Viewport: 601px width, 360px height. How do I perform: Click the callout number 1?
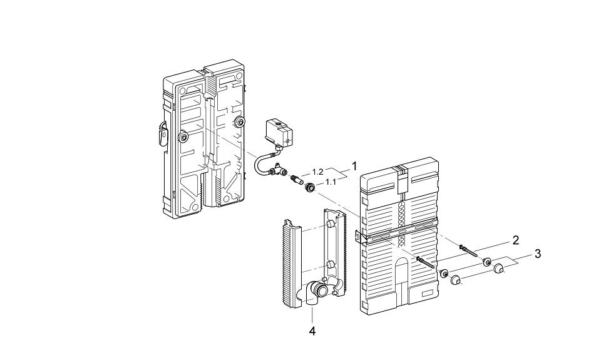point(354,167)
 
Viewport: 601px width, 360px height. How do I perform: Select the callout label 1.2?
point(318,171)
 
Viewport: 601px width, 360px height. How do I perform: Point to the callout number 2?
point(515,240)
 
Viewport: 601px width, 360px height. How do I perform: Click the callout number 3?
point(537,254)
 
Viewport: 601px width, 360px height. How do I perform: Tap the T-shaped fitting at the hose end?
point(276,170)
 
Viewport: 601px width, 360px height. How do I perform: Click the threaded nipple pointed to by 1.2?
point(294,181)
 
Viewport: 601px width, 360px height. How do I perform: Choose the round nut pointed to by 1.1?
point(309,187)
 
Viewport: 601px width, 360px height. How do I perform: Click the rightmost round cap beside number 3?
point(499,269)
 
